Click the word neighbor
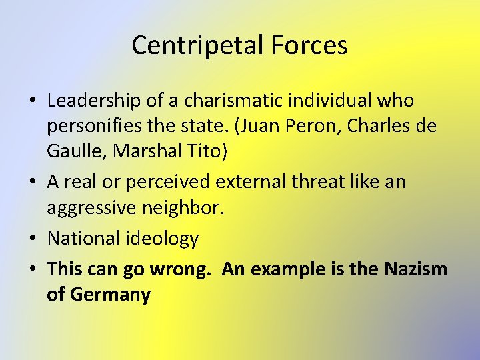click(191, 208)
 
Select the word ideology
click(163, 239)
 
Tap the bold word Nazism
click(416, 269)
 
